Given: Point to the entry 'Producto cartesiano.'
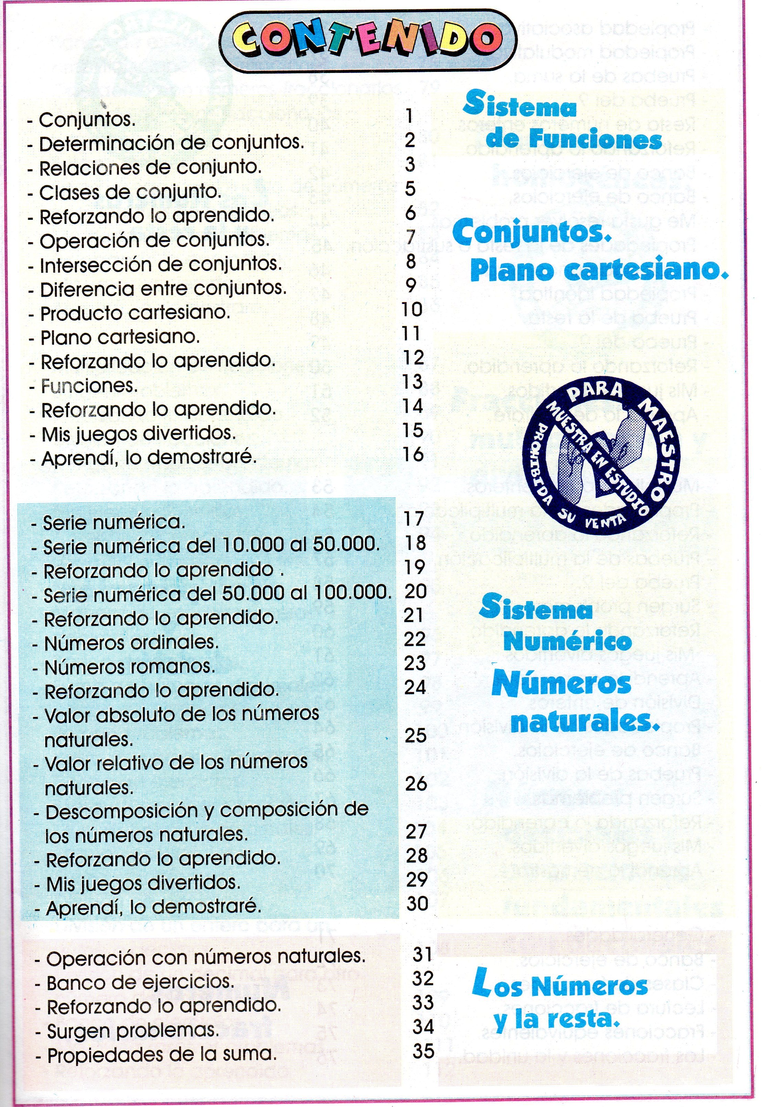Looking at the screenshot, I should coord(135,314).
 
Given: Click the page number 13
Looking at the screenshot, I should coord(412,381).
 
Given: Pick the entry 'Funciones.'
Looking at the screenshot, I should coord(89,386).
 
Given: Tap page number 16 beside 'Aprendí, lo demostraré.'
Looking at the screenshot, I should coord(413,454).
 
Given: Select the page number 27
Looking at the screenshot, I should coord(415,832).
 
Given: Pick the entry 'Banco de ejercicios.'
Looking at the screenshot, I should coord(140,983).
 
